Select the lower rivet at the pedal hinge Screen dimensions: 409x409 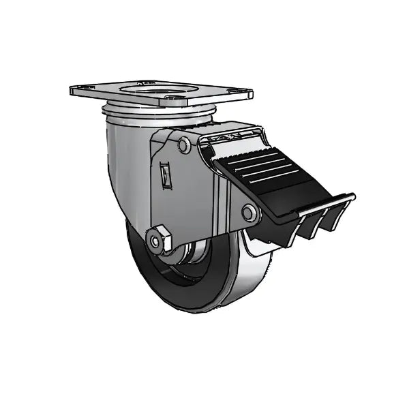(x=250, y=213)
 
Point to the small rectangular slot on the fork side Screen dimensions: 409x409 (x=165, y=175)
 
